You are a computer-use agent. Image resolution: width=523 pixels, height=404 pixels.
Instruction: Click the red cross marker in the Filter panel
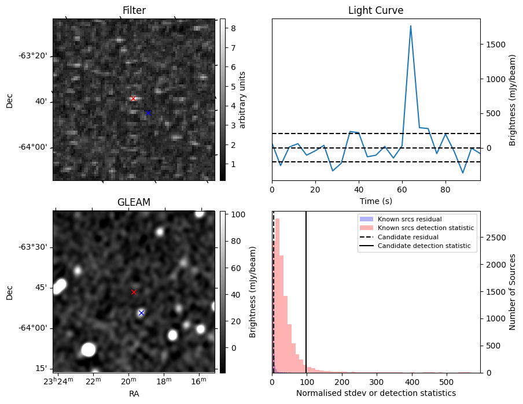point(133,98)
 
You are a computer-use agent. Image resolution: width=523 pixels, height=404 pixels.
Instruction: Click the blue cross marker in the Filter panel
point(148,113)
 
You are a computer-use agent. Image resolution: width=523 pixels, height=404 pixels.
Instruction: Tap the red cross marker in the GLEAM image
point(134,292)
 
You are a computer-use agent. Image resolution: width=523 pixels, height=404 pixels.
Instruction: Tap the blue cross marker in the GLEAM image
point(141,313)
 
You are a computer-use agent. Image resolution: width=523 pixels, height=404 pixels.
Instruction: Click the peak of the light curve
point(411,26)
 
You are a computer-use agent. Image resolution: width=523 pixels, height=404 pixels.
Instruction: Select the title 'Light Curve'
point(375,10)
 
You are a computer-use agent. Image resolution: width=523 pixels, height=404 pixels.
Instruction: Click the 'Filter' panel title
point(134,10)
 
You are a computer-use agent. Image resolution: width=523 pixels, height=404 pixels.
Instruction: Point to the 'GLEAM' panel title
point(134,202)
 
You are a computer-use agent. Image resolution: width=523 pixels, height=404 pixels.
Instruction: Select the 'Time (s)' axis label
point(375,200)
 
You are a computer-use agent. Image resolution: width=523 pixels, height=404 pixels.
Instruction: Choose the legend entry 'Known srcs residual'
point(409,219)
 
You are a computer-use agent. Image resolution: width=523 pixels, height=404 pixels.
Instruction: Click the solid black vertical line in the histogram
point(306,301)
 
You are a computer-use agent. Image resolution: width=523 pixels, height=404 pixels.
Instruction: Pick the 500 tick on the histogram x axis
point(446,382)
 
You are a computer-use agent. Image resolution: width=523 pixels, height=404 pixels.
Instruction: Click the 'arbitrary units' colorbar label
point(242,99)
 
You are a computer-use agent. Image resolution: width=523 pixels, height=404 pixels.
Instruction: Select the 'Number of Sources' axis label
point(512,291)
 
